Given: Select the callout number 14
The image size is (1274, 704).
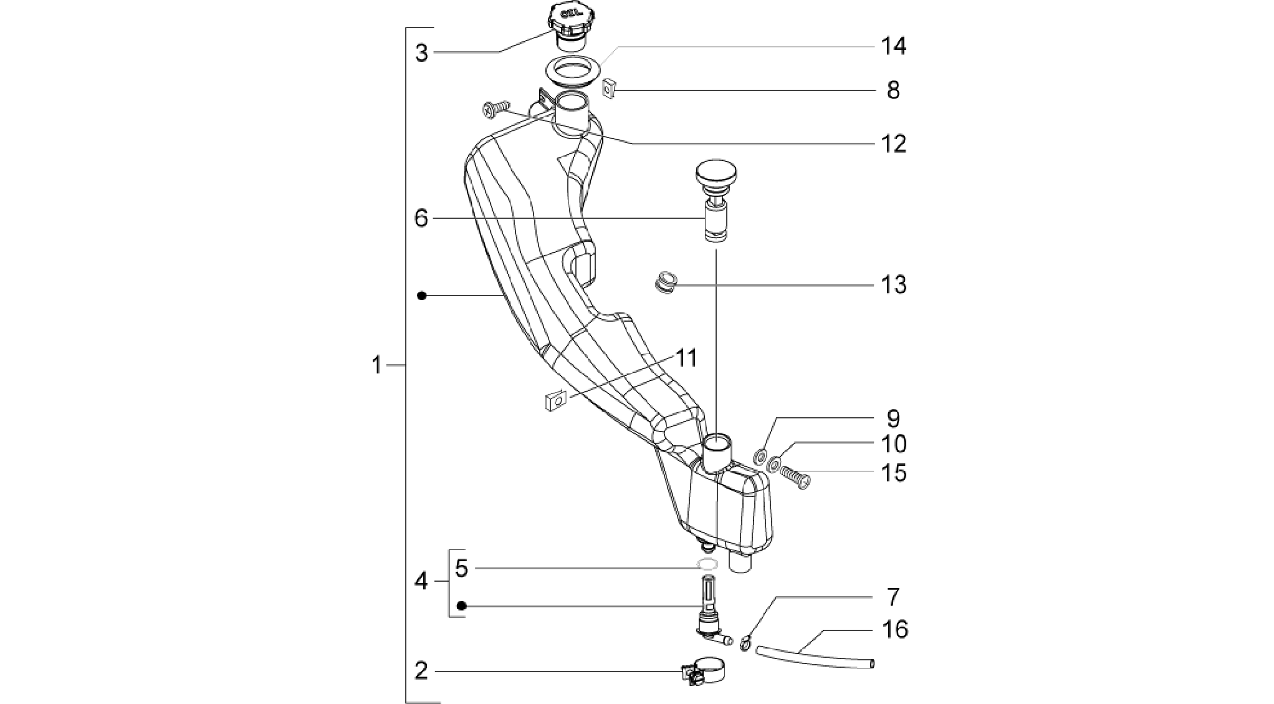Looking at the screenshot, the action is (893, 46).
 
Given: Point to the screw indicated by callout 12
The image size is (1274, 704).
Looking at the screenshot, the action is (496, 111).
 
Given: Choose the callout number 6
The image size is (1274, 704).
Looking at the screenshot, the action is (421, 218).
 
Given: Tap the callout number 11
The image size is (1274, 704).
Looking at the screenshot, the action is (686, 359).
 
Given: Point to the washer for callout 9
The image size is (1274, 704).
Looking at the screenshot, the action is (760, 455).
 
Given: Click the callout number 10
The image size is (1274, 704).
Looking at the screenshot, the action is (893, 444).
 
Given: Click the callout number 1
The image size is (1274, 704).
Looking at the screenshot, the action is (376, 365).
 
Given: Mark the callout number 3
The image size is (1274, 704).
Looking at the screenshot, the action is (422, 54).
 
